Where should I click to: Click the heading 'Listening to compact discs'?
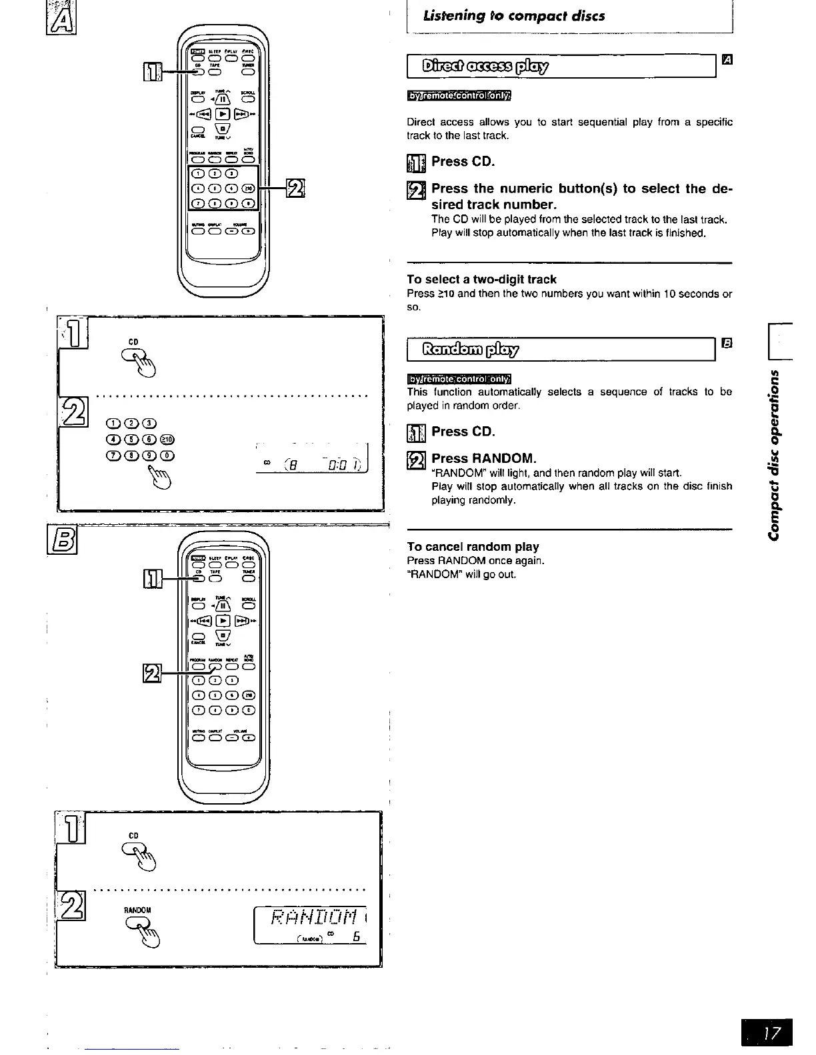(x=514, y=16)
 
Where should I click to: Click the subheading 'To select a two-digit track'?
(x=481, y=280)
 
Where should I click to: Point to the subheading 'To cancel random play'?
(x=473, y=547)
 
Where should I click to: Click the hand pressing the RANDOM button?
(x=141, y=928)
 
